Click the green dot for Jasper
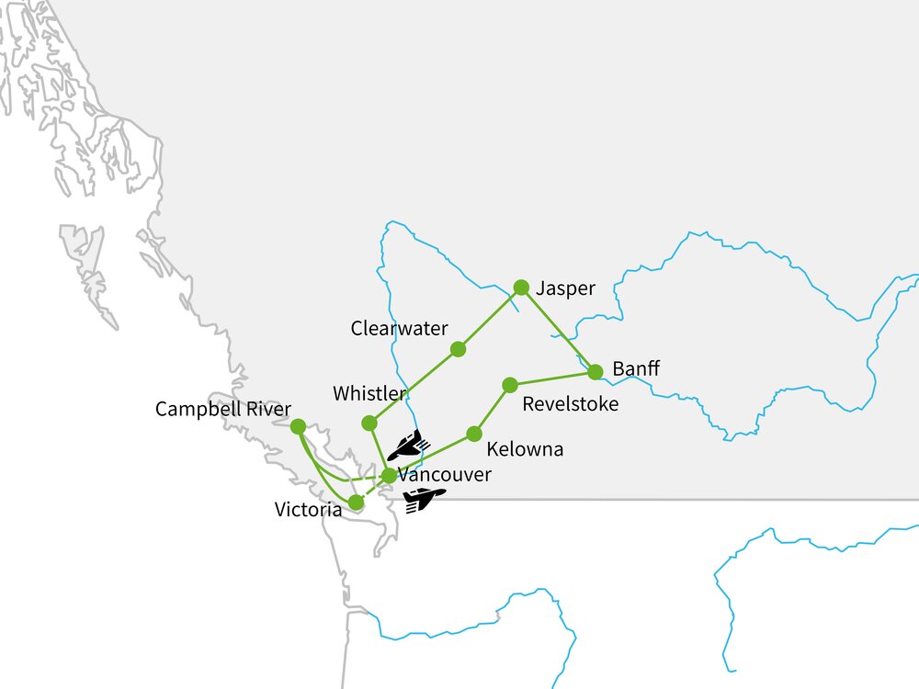click(x=521, y=287)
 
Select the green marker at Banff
click(x=595, y=372)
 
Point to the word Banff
click(x=636, y=370)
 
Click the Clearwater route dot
click(x=458, y=349)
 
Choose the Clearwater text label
click(x=399, y=328)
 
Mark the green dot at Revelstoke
click(x=510, y=385)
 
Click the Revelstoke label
click(x=570, y=404)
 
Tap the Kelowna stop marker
click(x=474, y=434)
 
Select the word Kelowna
click(x=525, y=450)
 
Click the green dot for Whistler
click(x=369, y=424)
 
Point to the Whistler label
click(x=369, y=393)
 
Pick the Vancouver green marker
click(x=389, y=475)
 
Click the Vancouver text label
click(x=445, y=475)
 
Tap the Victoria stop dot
click(x=356, y=503)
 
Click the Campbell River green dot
click(x=298, y=426)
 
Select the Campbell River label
click(x=223, y=409)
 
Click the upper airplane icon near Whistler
click(x=406, y=446)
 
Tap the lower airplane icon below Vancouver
click(x=423, y=500)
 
